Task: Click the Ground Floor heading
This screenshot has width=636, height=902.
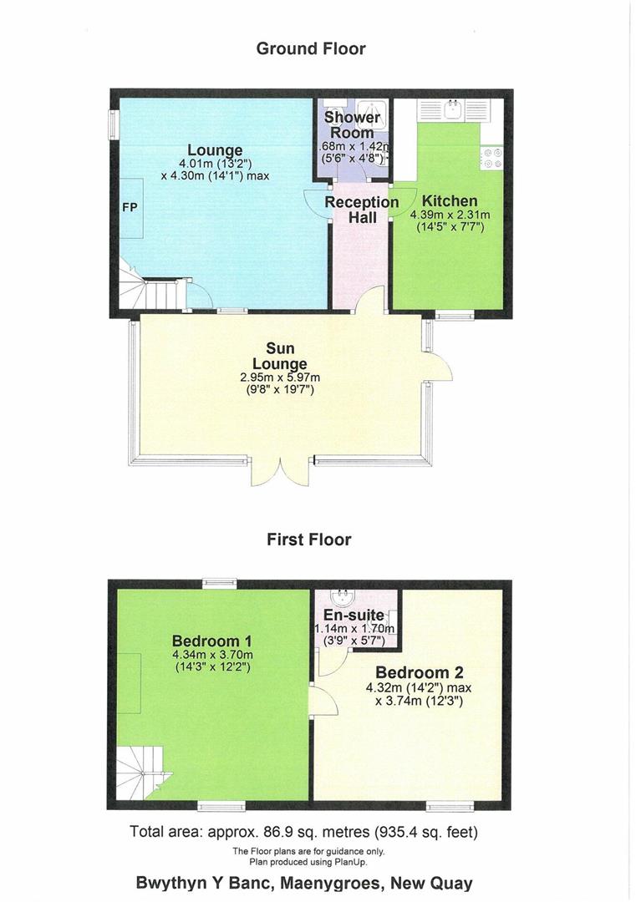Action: point(310,48)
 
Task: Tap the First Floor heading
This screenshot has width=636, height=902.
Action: point(308,540)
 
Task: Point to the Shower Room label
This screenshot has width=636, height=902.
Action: point(352,125)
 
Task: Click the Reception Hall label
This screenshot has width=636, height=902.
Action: point(362,210)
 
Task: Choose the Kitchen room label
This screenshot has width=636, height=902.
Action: point(450,200)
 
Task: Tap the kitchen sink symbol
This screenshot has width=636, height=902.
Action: point(456,109)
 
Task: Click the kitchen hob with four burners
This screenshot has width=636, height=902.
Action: point(491,158)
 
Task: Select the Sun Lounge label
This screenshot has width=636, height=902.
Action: point(280,356)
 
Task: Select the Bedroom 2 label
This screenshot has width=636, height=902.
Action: point(420,672)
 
